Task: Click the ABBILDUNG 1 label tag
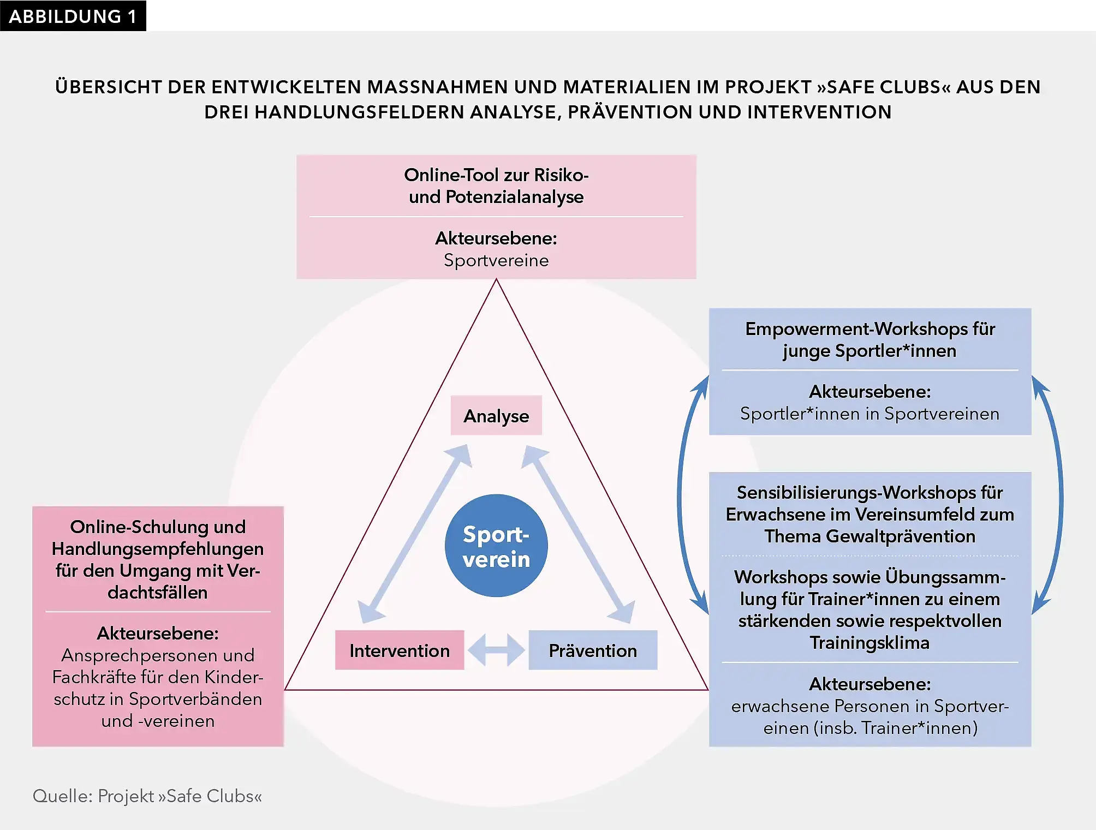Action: point(73,16)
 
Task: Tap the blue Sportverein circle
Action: point(496,546)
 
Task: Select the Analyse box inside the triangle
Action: point(496,416)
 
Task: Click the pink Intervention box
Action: point(400,650)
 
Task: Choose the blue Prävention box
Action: point(593,650)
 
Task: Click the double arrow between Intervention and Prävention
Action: point(496,650)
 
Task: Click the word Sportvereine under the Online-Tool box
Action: point(496,260)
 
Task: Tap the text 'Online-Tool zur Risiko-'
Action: point(496,175)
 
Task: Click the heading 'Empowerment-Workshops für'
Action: point(870,329)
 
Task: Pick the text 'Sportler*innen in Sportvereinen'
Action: point(869,414)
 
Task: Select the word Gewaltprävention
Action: point(900,536)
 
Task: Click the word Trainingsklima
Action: point(869,643)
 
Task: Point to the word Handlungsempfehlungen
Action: point(158,548)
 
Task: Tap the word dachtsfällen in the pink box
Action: point(158,593)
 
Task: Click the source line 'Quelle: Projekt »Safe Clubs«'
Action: point(147,796)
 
